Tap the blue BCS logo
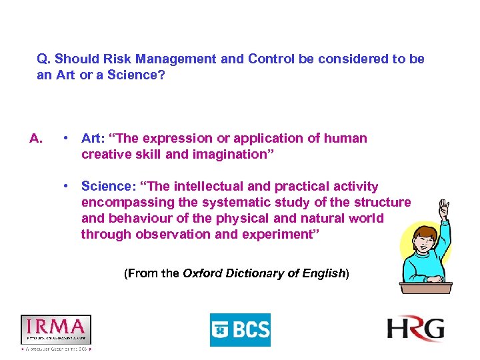point(240,330)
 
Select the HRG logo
point(416,329)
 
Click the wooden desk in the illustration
point(425,287)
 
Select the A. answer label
point(37,139)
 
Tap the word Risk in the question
point(129,59)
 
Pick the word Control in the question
point(272,59)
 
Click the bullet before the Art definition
point(67,139)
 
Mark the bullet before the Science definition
point(67,187)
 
